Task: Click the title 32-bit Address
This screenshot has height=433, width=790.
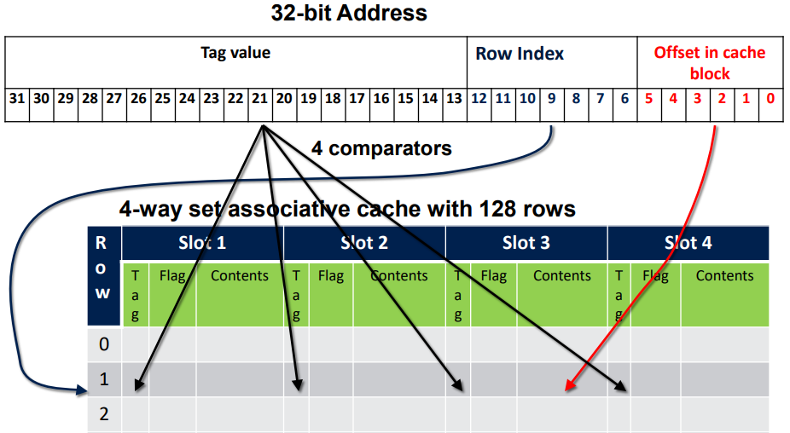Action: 349,14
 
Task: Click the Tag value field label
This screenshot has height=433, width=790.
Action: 235,53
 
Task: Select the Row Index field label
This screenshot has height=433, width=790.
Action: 520,54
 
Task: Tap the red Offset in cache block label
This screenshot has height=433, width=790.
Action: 710,62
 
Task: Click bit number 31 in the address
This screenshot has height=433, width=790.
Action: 16,99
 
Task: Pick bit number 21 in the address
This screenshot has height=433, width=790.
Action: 259,99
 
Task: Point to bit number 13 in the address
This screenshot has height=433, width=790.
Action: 455,99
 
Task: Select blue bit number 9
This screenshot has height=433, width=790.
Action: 552,99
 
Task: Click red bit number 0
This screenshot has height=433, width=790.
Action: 770,99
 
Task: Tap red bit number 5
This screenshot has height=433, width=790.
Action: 648,99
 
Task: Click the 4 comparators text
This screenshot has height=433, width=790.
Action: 381,148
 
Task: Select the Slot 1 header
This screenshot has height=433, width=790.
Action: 202,243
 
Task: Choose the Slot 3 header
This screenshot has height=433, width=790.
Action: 526,243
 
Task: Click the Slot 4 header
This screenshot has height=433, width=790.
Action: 688,243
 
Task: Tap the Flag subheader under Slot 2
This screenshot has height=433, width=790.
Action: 331,276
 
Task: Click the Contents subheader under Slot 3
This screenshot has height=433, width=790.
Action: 561,276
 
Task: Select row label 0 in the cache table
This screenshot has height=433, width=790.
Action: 104,345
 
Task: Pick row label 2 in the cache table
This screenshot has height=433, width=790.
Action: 104,414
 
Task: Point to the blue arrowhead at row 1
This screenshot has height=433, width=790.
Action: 83,391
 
